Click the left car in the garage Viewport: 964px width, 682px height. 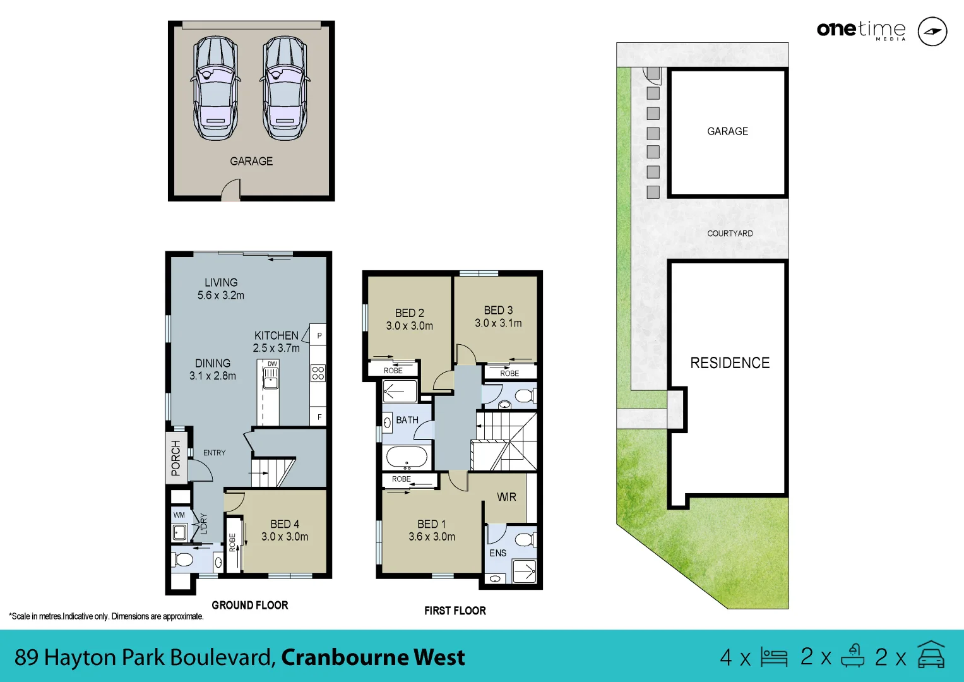(216, 88)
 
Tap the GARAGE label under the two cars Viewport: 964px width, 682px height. (251, 161)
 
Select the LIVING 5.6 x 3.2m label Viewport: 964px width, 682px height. (221, 289)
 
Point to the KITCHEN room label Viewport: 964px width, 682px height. (277, 335)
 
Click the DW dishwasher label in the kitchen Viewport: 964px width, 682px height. (272, 364)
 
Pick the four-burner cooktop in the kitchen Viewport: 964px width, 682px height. (318, 373)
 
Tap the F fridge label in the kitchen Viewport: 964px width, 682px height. (319, 417)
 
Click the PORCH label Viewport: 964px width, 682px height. (176, 458)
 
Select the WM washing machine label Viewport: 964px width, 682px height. (179, 515)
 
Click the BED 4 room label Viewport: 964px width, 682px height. (285, 524)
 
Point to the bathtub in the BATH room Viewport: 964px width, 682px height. (407, 456)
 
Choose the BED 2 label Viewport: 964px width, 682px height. (410, 313)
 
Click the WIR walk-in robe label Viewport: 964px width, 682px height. (506, 497)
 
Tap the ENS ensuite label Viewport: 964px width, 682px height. (498, 553)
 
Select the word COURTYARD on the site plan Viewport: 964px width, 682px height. (730, 233)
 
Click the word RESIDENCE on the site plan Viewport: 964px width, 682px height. (730, 363)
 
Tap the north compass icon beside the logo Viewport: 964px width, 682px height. (932, 32)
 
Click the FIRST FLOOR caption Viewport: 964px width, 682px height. (455, 611)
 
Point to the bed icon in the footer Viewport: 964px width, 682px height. (774, 657)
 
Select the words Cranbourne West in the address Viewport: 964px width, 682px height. (373, 657)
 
